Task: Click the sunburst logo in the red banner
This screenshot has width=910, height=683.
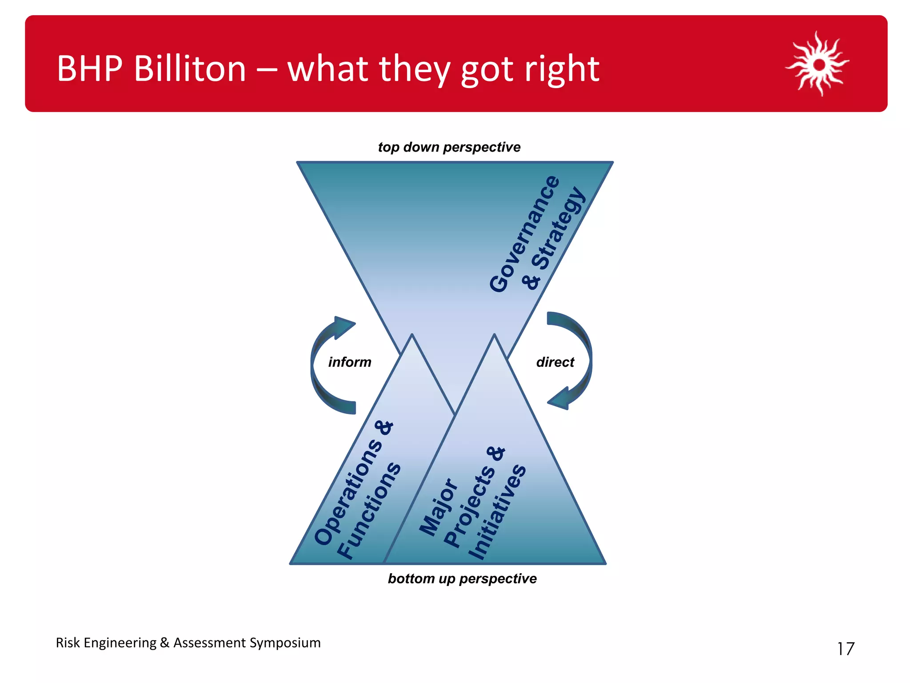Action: [818, 64]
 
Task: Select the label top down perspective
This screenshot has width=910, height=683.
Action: [449, 147]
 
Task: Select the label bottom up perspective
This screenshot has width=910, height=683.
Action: [462, 579]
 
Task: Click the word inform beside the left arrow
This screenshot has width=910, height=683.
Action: [350, 362]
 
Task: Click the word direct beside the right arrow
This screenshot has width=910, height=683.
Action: [555, 362]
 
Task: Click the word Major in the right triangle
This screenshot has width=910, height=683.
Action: [438, 507]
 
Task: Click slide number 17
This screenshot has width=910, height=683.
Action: [845, 649]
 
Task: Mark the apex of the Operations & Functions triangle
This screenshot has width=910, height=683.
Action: [412, 336]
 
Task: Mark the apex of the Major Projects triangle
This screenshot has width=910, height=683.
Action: [494, 336]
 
